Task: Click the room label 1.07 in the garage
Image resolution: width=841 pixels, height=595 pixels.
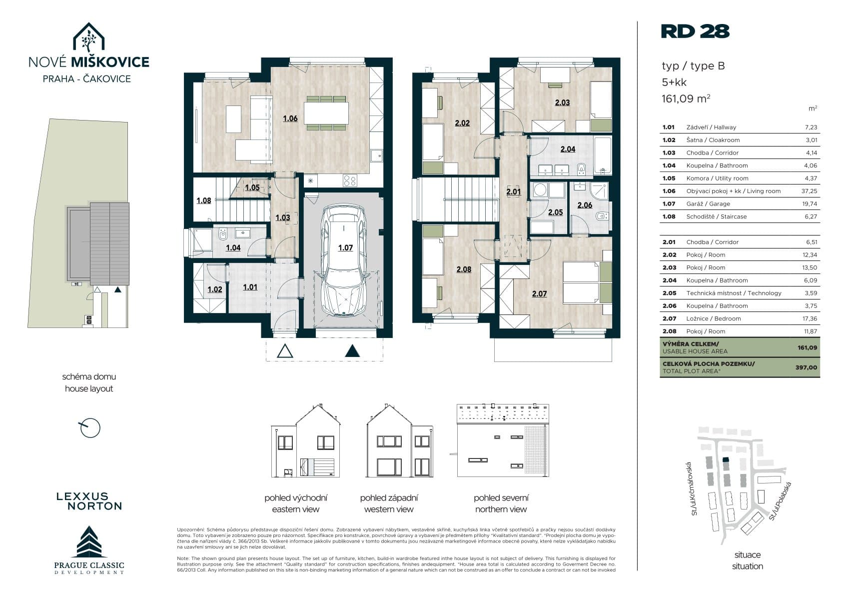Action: click(x=345, y=248)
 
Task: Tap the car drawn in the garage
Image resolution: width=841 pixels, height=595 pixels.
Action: click(x=344, y=260)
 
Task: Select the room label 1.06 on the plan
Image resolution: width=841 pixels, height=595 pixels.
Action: click(x=290, y=118)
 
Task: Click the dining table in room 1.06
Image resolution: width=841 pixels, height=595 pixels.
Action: click(x=326, y=113)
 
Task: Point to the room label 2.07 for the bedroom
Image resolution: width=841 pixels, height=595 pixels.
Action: click(x=539, y=293)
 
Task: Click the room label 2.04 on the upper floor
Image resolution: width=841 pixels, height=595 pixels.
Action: click(x=568, y=149)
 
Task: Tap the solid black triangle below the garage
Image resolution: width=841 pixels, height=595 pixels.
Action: click(x=352, y=351)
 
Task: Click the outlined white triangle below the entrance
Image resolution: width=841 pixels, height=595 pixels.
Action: click(x=285, y=351)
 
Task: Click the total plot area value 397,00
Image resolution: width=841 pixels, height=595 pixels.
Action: click(x=806, y=367)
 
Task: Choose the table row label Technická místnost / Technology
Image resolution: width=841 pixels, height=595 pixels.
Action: click(x=734, y=293)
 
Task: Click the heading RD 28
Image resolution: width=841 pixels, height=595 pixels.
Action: click(x=695, y=31)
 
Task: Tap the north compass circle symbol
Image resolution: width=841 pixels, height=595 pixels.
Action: click(x=90, y=428)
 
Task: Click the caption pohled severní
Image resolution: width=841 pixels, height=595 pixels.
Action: click(x=501, y=498)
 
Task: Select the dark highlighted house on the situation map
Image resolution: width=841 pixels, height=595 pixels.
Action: click(x=726, y=459)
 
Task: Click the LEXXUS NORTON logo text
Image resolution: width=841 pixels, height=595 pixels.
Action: click(x=89, y=501)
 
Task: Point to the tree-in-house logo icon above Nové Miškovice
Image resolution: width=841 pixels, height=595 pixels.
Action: click(x=88, y=37)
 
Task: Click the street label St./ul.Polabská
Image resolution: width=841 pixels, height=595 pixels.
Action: click(x=780, y=501)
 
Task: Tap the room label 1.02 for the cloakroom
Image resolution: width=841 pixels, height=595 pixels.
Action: click(x=215, y=289)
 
